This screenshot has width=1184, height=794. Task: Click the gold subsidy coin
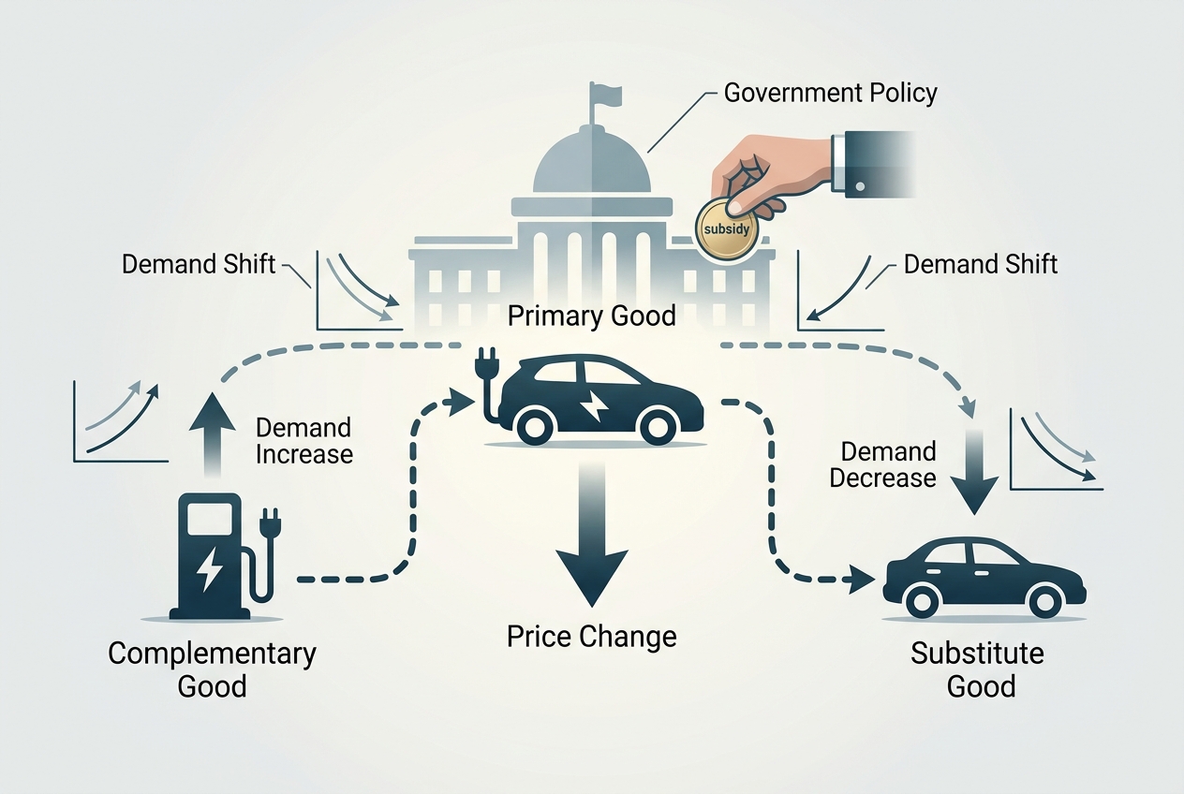click(727, 228)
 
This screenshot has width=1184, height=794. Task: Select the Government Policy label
click(830, 93)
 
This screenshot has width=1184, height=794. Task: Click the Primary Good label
click(591, 316)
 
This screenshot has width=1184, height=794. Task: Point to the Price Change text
click(591, 637)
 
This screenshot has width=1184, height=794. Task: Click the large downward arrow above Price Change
click(591, 534)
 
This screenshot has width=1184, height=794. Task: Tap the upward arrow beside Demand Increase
click(213, 434)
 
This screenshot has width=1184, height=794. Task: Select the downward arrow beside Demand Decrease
click(974, 471)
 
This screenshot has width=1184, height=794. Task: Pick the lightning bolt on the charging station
click(209, 568)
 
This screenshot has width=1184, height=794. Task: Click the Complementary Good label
click(213, 669)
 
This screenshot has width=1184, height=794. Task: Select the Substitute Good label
click(978, 669)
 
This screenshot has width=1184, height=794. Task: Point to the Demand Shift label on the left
click(199, 264)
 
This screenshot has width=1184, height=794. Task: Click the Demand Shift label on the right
click(981, 264)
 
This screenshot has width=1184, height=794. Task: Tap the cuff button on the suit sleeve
click(860, 186)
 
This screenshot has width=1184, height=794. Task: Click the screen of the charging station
click(210, 519)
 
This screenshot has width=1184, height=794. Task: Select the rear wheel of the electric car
click(536, 427)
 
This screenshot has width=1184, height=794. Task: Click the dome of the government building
click(591, 161)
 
